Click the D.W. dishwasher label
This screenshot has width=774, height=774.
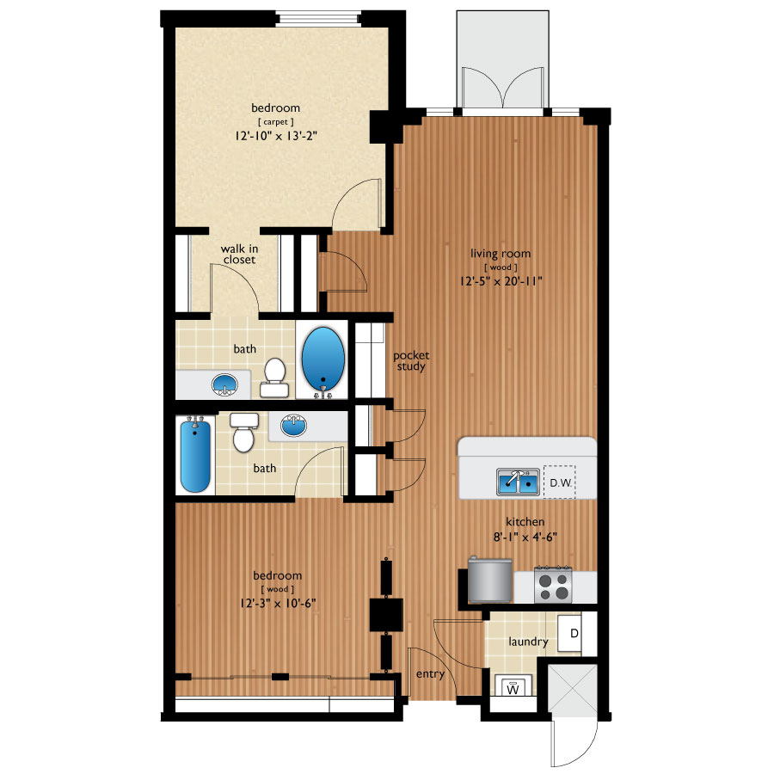560,482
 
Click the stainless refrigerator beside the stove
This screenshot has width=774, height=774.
490,580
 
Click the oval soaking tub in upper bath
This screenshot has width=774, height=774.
324,362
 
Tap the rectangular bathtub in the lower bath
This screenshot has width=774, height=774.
195,456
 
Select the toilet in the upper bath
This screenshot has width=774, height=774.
274,377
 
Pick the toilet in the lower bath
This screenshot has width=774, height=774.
244,432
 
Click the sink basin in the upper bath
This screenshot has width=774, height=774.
226,384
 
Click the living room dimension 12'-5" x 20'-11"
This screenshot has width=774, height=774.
500,280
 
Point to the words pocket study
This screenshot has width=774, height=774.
410,360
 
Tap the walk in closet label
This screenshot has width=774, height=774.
238,253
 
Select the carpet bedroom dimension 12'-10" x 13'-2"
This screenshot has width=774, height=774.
275,136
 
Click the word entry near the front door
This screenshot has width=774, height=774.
430,673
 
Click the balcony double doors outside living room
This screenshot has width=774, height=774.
505,89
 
